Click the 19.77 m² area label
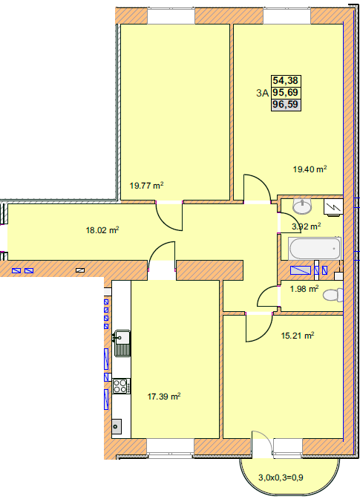(x=146, y=186)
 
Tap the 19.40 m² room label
(x=310, y=169)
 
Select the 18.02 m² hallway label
(x=102, y=230)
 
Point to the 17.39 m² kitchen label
(x=164, y=397)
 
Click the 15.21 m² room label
(x=298, y=336)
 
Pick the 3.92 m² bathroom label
(x=307, y=226)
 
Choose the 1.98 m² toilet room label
(x=304, y=289)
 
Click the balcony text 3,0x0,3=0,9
(x=281, y=477)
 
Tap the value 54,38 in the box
(x=286, y=80)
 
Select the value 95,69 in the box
(x=286, y=93)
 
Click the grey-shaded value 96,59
(x=286, y=105)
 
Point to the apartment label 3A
(x=263, y=93)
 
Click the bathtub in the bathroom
(x=315, y=249)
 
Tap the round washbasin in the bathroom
(x=302, y=206)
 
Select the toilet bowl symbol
(x=333, y=295)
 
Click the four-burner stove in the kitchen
(x=121, y=386)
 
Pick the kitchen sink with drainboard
(x=122, y=343)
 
